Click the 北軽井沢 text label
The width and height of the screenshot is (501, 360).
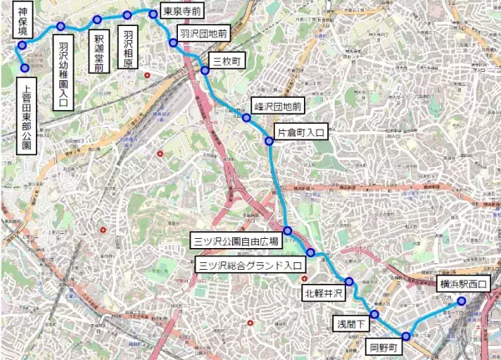324,294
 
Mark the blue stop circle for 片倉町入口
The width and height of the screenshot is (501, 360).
270,142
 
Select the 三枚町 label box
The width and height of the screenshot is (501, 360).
226,62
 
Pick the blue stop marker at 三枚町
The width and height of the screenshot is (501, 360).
205,70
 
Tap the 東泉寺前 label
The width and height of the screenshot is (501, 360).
181,13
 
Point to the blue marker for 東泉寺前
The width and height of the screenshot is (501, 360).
153,13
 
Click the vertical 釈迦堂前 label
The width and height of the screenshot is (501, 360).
99,53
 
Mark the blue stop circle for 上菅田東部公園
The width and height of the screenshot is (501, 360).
25,68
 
